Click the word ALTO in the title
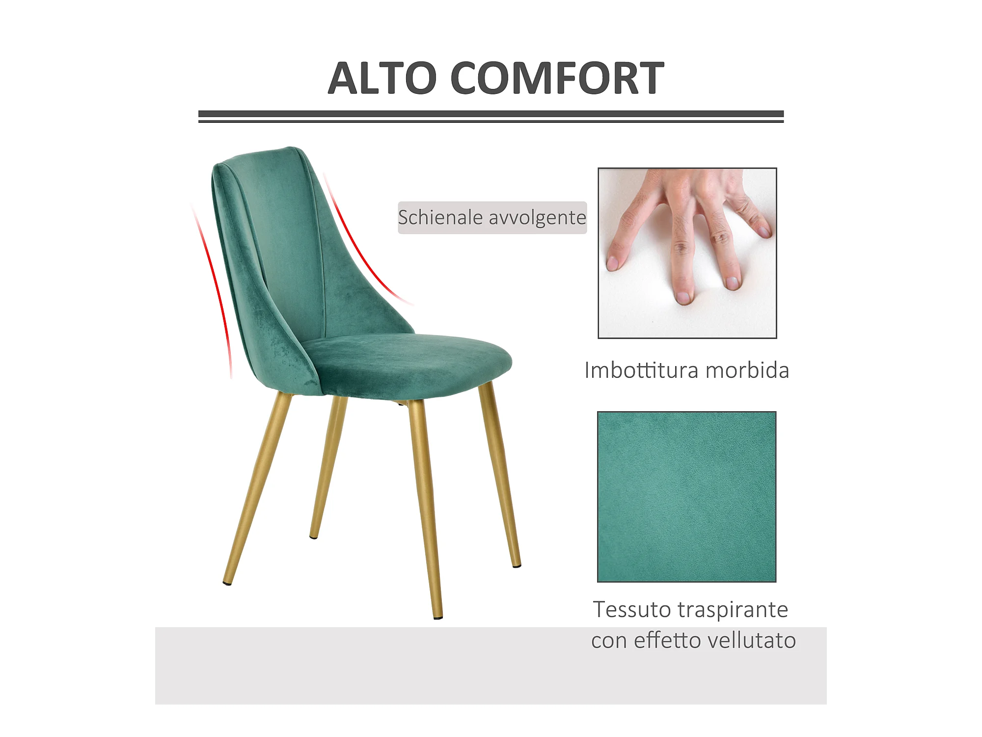click(382, 78)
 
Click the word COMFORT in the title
click(557, 78)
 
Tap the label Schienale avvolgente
click(492, 218)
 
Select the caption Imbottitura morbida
click(686, 370)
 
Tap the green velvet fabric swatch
click(686, 497)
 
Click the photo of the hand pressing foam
click(687, 253)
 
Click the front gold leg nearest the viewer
click(425, 509)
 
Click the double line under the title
click(491, 116)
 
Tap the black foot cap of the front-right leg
click(438, 617)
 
